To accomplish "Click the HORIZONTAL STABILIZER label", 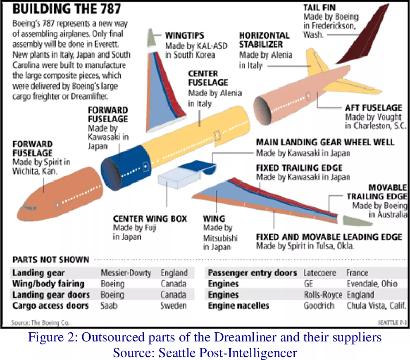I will point(264,40).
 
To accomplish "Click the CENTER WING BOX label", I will point(150,218).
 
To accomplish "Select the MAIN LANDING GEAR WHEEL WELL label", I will point(325,142).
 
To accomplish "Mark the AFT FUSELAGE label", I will point(373,108).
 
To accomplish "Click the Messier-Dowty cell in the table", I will point(126,273).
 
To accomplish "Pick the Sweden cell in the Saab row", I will point(173,306).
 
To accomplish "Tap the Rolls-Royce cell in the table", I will point(323,295).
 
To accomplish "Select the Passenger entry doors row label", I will point(252,273).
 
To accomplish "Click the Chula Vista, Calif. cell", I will point(376,306).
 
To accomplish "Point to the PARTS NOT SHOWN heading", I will point(51,260).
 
